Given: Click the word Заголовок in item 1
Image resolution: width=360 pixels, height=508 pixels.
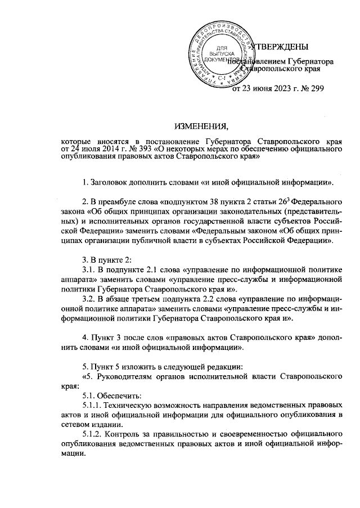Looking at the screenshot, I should [x=110, y=183].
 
